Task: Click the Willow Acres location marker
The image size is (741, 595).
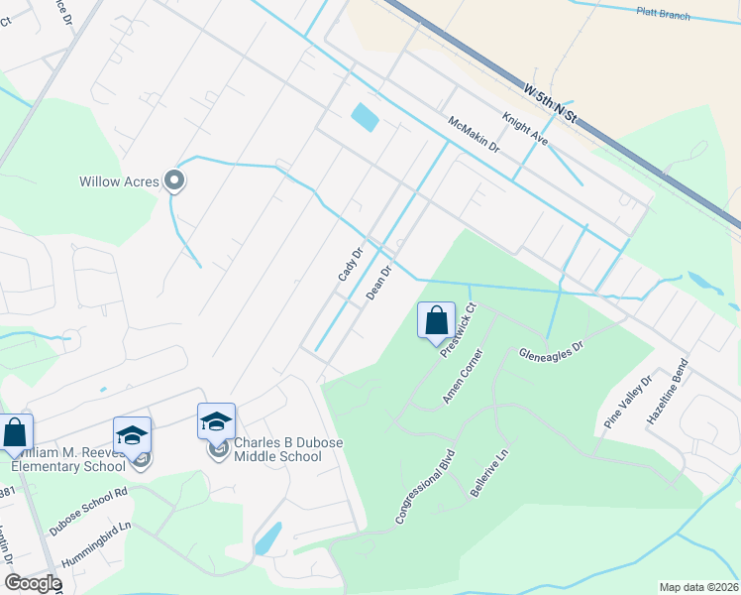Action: pos(175,180)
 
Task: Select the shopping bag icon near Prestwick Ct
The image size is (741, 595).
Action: pos(436,320)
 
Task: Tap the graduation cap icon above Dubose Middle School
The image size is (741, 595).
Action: pos(217,421)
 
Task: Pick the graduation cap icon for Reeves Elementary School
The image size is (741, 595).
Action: pos(132,435)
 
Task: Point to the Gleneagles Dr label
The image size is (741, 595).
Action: pos(553,353)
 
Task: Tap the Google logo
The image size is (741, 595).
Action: pos(32,583)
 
